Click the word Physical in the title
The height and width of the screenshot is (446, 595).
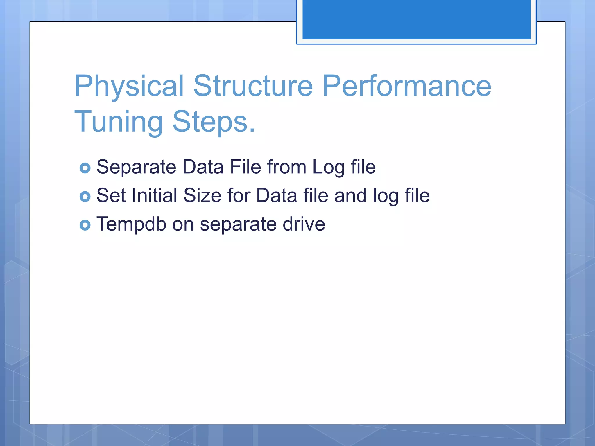tap(129, 86)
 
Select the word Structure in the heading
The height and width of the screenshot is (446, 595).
tap(253, 86)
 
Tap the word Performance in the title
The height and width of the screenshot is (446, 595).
tap(407, 86)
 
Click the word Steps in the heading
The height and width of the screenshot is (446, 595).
tap(211, 122)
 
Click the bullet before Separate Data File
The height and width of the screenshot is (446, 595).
tap(85, 168)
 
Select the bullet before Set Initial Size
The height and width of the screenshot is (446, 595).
tap(85, 197)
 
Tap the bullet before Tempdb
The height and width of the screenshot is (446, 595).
tap(85, 225)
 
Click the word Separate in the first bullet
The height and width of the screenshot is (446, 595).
tap(136, 167)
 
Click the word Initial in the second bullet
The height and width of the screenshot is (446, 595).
tap(154, 195)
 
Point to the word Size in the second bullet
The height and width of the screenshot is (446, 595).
tap(202, 195)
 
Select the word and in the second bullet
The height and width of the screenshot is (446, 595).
tap(350, 195)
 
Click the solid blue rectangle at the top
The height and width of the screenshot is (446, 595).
tap(416, 19)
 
